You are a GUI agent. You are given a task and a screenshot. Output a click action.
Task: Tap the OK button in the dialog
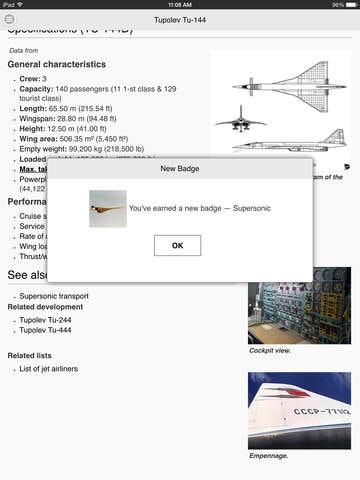pyautogui.click(x=177, y=245)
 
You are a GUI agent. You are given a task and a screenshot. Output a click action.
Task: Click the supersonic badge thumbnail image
pyautogui.click(x=107, y=209)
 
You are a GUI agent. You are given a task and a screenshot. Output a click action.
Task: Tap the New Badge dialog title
pyautogui.click(x=179, y=169)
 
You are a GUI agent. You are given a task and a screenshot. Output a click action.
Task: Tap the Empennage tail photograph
pyautogui.click(x=299, y=411)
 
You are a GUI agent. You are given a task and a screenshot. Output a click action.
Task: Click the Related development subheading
pyautogui.click(x=46, y=307)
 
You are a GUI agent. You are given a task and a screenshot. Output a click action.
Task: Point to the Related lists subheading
pyautogui.click(x=31, y=356)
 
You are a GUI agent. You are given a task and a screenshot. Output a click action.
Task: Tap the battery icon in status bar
pyautogui.click(x=347, y=5)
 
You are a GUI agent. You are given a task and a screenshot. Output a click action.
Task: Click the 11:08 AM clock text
pyautogui.click(x=180, y=5)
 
